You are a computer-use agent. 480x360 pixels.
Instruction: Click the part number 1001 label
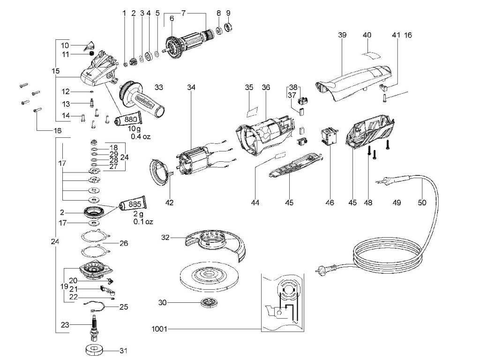click(x=159, y=329)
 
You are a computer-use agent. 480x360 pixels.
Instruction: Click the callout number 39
click(x=342, y=35)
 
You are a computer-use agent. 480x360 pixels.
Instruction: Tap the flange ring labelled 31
click(x=94, y=350)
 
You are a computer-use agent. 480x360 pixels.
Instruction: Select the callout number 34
click(x=191, y=87)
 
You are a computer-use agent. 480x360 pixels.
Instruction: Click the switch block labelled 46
click(x=329, y=136)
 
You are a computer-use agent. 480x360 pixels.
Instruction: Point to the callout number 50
click(x=422, y=202)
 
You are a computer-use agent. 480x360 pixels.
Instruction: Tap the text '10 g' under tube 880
click(x=135, y=128)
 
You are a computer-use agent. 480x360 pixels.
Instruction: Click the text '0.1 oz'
click(x=143, y=221)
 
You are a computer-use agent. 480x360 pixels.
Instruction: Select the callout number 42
click(x=169, y=202)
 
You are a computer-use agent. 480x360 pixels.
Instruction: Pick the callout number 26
click(x=124, y=243)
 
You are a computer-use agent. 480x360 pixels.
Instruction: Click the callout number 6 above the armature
click(x=172, y=19)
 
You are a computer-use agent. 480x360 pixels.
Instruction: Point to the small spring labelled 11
click(x=91, y=54)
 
